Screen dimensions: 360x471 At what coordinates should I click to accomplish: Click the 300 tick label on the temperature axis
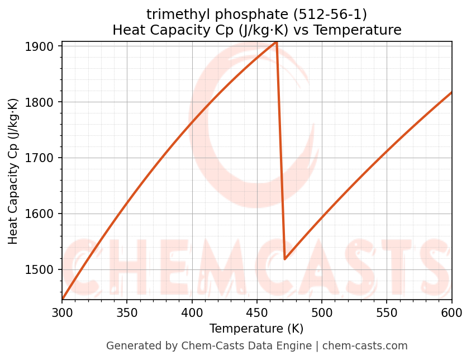tap(62, 311)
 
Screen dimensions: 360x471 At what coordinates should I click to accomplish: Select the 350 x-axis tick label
tap(127, 311)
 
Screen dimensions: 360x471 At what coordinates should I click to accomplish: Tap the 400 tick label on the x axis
tap(192, 311)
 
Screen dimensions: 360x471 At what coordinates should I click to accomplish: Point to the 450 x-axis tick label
tap(257, 311)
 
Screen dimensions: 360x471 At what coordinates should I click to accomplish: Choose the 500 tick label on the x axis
tap(322, 311)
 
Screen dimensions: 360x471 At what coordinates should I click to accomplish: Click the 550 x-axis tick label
tap(387, 311)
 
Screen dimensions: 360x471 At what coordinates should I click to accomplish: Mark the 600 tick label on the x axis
tap(451, 311)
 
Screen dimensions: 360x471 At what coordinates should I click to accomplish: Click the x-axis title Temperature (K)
tap(256, 329)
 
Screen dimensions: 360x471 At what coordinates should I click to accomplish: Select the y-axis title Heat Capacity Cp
tap(13, 171)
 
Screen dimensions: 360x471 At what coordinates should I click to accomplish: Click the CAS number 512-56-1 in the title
tap(334, 14)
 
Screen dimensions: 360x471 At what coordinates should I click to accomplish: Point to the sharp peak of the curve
tap(276, 42)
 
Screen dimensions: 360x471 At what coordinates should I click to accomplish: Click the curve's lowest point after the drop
tap(285, 259)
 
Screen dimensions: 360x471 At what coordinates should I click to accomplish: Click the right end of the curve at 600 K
tap(451, 92)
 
